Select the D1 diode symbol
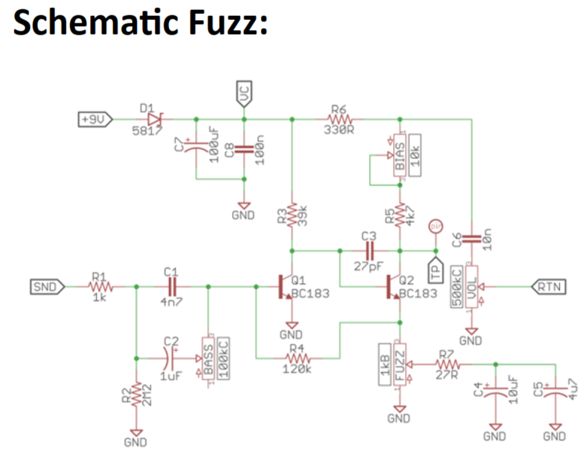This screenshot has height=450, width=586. (154, 119)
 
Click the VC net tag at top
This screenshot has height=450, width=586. (244, 95)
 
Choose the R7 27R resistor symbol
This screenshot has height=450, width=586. (447, 364)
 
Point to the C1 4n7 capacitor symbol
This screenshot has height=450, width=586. (172, 287)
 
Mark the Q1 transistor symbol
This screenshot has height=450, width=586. (286, 287)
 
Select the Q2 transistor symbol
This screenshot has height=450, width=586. (394, 287)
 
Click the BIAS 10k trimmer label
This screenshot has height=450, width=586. (406, 158)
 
